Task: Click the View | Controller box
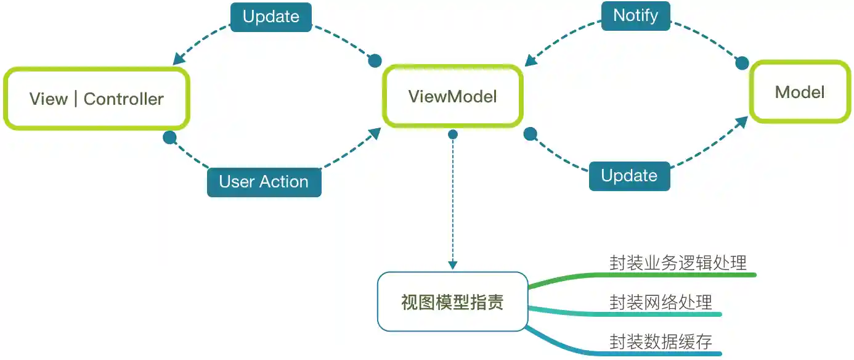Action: pos(97,99)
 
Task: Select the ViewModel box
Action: pos(453,96)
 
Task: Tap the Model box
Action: pos(800,92)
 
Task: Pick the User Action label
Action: pos(264,182)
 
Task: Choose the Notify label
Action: pos(636,15)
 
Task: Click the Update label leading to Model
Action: pos(629,176)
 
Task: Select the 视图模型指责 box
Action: pos(453,302)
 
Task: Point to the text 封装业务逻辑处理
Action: pos(678,263)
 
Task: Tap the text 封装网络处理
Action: pos(661,302)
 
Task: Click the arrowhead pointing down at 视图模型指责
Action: pos(453,265)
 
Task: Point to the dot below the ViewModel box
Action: pos(453,134)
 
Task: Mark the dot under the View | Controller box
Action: pos(169,137)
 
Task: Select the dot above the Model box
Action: pos(742,63)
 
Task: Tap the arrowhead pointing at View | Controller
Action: pos(179,59)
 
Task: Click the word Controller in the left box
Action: pos(124,99)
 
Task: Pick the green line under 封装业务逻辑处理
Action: pos(678,274)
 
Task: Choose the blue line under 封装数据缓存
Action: pos(665,354)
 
